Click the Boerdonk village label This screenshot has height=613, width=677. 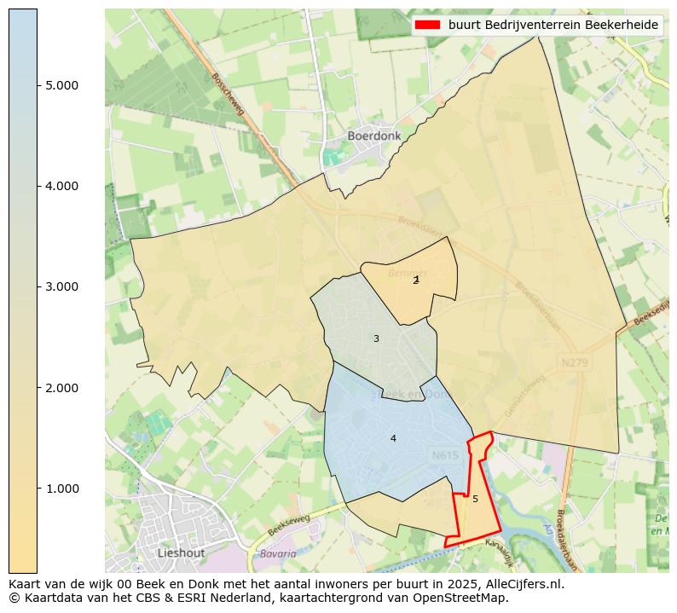point(373,136)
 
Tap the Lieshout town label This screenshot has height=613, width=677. point(181,552)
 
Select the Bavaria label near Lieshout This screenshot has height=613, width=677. point(278,553)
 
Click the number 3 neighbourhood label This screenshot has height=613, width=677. point(376,339)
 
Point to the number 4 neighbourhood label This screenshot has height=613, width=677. point(393,438)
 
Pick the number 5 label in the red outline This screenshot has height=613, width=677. point(475,499)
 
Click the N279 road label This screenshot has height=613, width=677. point(575,362)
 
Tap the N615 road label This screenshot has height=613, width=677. point(445,456)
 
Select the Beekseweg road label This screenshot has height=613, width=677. point(289,523)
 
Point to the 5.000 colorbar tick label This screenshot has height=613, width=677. point(60,85)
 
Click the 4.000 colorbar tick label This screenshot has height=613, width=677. point(60,186)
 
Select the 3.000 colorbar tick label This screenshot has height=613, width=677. point(60,286)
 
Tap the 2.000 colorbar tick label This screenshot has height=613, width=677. point(60,388)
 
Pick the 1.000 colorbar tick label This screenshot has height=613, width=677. point(60,489)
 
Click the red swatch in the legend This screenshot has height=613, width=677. point(427,25)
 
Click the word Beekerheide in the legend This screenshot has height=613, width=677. point(621,25)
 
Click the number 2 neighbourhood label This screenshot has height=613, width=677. point(416,280)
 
